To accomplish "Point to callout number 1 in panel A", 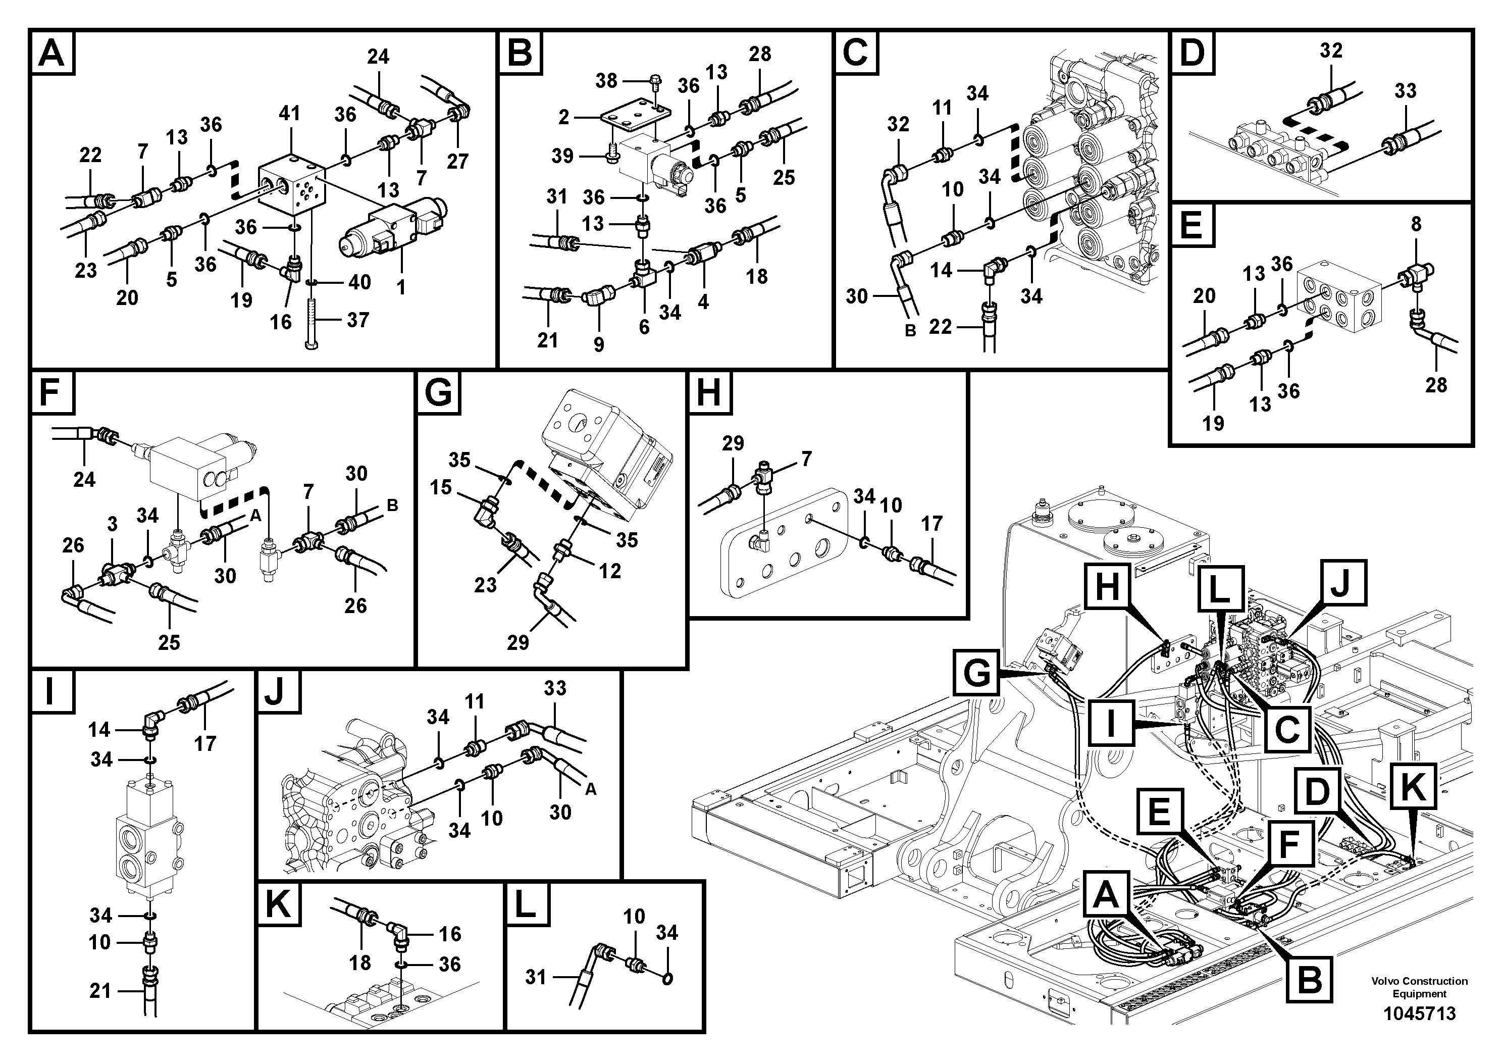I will coord(401,287).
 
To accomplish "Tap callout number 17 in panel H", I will coord(931,523).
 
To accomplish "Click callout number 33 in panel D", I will coord(1406,90).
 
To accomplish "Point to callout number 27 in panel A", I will coord(457,161).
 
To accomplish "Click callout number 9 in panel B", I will coord(599,344).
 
